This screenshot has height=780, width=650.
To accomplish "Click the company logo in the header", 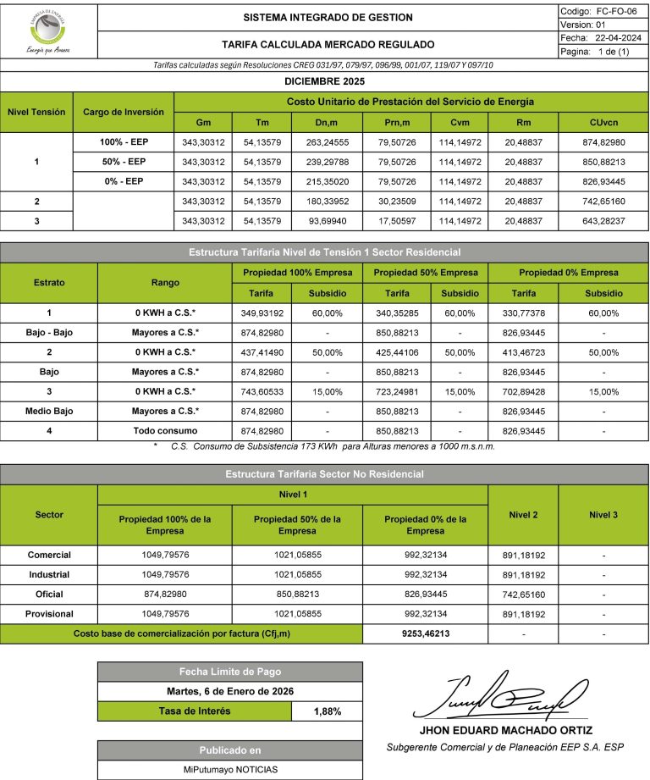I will (x=48, y=31).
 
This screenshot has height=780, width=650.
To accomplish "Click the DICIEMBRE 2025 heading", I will (x=325, y=82).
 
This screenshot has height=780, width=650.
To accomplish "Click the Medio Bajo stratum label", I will (x=48, y=411).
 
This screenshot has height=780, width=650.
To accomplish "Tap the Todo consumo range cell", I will (x=164, y=431).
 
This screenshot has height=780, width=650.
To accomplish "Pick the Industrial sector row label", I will (x=49, y=574).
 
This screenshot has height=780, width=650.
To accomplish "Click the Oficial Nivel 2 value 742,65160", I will (x=523, y=594).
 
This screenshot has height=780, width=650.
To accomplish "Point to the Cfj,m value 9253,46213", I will (x=425, y=633).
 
